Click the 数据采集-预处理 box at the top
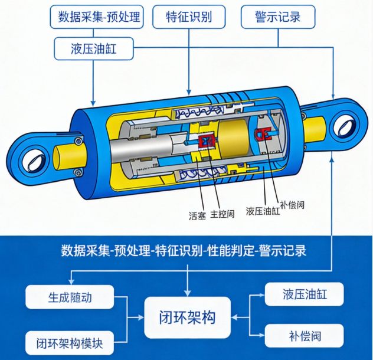coord(97,17)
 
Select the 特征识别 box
coord(189,17)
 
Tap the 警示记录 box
coord(278,17)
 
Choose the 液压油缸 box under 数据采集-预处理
coord(94,49)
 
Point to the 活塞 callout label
coord(197,215)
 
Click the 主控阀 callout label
coord(223,214)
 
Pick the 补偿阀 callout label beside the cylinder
coord(292,205)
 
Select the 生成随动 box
coord(70,297)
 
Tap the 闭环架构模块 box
coord(70,343)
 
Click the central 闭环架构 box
coord(188,318)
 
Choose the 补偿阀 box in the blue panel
coord(305,336)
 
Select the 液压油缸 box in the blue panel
coord(305,294)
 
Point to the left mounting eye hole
coord(35,160)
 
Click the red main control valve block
coord(207,142)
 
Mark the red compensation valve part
coord(263,134)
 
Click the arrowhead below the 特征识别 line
coord(189,92)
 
